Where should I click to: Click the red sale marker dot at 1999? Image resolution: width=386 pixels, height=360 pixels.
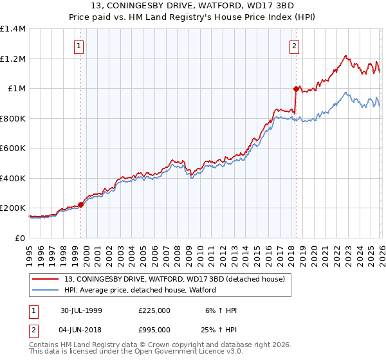pyautogui.click(x=81, y=205)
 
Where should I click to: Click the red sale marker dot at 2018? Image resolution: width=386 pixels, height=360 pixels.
pyautogui.click(x=296, y=89)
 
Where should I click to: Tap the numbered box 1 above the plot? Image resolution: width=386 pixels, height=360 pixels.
pyautogui.click(x=78, y=46)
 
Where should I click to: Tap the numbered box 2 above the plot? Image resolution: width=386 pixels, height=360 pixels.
pyautogui.click(x=294, y=46)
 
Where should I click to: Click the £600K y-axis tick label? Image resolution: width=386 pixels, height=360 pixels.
pyautogui.click(x=13, y=148)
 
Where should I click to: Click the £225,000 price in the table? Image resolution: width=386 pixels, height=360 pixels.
pyautogui.click(x=154, y=310)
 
